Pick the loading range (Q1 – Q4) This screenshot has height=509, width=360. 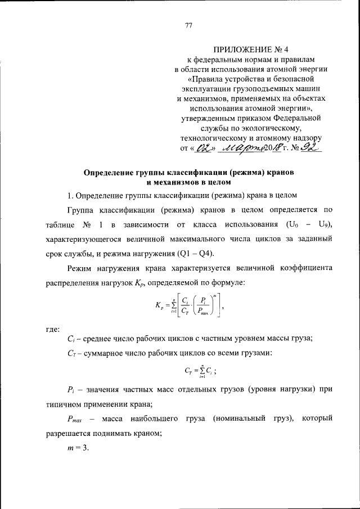pyautogui.click(x=202, y=252)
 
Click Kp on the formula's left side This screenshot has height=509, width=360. pyautogui.click(x=159, y=305)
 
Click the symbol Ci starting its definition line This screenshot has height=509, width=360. pyautogui.click(x=69, y=338)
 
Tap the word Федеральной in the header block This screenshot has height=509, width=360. pyautogui.click(x=298, y=119)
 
